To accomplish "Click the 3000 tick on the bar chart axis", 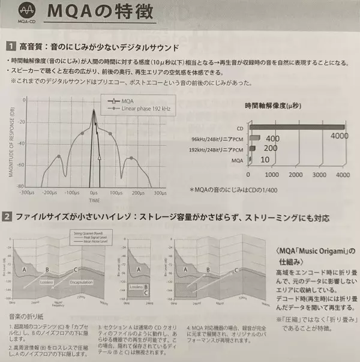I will click(318, 175).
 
